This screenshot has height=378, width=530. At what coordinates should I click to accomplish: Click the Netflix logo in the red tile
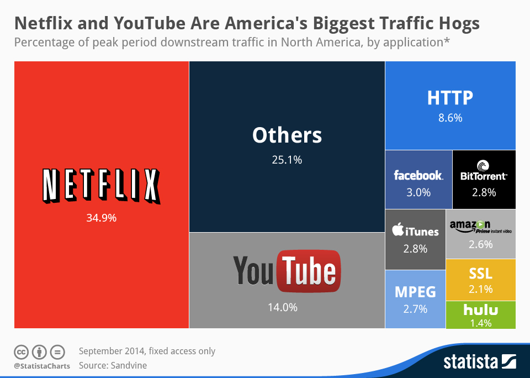(101, 186)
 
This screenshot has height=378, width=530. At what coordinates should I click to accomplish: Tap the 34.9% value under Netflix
(101, 218)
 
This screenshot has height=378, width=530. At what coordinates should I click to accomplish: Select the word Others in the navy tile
(287, 135)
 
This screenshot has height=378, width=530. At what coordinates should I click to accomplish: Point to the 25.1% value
(287, 160)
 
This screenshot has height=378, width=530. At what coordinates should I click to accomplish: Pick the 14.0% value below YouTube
(283, 307)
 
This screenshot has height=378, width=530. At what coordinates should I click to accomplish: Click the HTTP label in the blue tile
(450, 98)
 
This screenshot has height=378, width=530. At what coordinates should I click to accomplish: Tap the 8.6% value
(450, 118)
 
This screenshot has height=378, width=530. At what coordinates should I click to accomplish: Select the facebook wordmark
(418, 175)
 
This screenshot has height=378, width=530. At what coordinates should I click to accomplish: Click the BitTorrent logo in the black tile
(483, 171)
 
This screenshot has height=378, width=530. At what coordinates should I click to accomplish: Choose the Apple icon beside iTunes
(397, 230)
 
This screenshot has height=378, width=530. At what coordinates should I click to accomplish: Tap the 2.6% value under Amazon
(480, 244)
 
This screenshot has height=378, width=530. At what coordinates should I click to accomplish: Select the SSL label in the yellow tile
(480, 274)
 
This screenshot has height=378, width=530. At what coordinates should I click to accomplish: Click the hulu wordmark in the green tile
(480, 309)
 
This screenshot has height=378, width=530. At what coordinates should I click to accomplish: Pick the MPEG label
(415, 292)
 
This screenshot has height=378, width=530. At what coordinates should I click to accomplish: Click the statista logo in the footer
(479, 363)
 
